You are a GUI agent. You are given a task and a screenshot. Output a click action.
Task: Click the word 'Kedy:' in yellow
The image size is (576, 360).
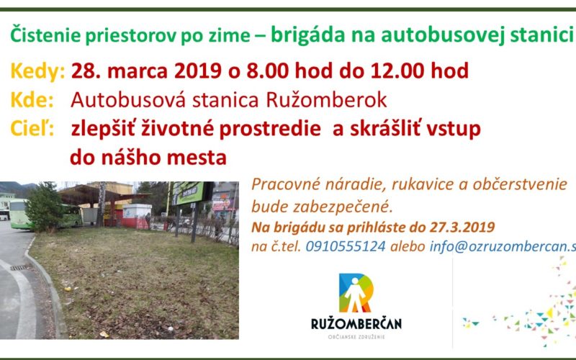pyautogui.click(x=37, y=71)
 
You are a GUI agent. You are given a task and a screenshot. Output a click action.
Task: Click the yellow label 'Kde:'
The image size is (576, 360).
pyautogui.click(x=32, y=100)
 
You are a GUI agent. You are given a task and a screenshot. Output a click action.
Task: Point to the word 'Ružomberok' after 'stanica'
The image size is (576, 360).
pyautogui.click(x=326, y=100)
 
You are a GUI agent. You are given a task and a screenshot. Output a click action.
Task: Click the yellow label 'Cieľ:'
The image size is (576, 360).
pyautogui.click(x=32, y=129)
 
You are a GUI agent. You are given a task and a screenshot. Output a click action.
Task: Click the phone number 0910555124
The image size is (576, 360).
pyautogui.click(x=346, y=246)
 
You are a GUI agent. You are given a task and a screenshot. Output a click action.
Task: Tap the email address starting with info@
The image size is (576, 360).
pyautogui.click(x=503, y=246)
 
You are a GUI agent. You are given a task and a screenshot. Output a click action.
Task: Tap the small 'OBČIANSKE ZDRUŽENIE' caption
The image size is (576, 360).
pyautogui.click(x=356, y=337)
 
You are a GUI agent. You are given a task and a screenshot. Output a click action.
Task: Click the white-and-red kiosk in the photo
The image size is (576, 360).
pyautogui.click(x=137, y=217)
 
